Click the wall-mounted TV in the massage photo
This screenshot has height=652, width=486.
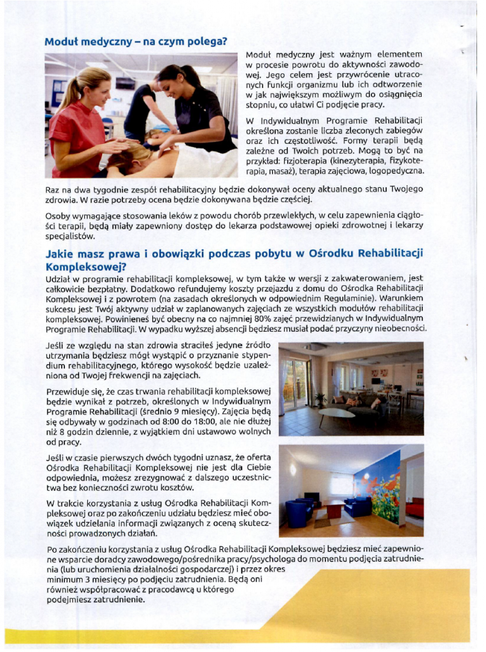(x=125, y=83)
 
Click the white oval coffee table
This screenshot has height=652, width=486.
(x=336, y=413)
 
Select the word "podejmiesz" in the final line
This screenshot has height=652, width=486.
(x=71, y=599)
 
